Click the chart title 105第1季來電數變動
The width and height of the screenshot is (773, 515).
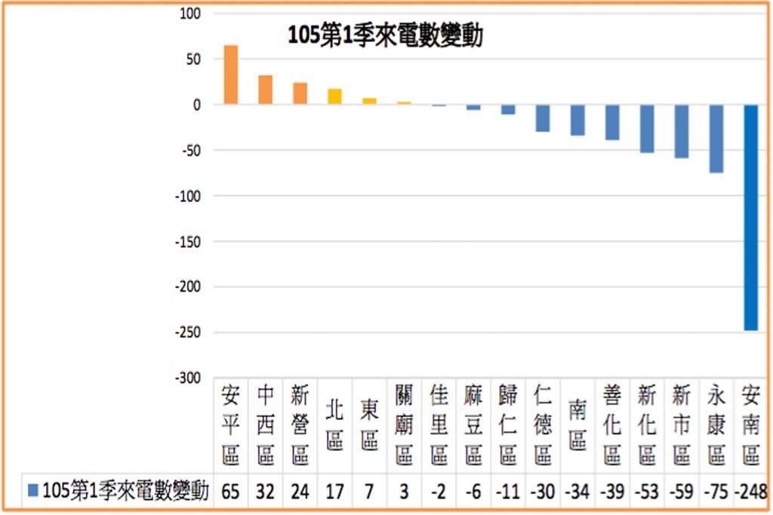[x=385, y=35]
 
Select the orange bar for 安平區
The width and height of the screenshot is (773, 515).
[x=231, y=75]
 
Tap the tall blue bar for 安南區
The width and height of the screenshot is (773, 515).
[x=751, y=217]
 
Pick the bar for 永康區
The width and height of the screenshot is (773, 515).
[x=716, y=138]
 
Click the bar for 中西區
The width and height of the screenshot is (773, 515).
[x=265, y=90]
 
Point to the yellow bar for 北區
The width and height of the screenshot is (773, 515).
[x=334, y=97]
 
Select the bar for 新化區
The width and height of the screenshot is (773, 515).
[x=647, y=128]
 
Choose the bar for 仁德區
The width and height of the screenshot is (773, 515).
[x=543, y=118]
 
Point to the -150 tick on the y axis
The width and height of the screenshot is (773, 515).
[x=188, y=242]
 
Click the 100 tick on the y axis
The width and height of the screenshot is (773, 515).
[x=190, y=14]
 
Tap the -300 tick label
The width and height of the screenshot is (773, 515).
[x=188, y=378]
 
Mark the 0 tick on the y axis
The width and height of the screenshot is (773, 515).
[x=197, y=105]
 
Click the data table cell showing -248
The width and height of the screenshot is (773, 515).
[x=751, y=491]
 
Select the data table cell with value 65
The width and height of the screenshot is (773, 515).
[x=231, y=491]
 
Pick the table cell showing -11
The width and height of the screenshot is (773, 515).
[x=508, y=491]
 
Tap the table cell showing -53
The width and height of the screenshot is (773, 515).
[x=647, y=491]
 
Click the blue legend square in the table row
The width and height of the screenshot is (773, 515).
[x=33, y=490]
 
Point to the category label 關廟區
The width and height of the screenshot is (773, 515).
[x=404, y=425]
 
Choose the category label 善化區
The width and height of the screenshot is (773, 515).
[x=611, y=425]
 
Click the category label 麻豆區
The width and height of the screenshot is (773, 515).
[x=473, y=425]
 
